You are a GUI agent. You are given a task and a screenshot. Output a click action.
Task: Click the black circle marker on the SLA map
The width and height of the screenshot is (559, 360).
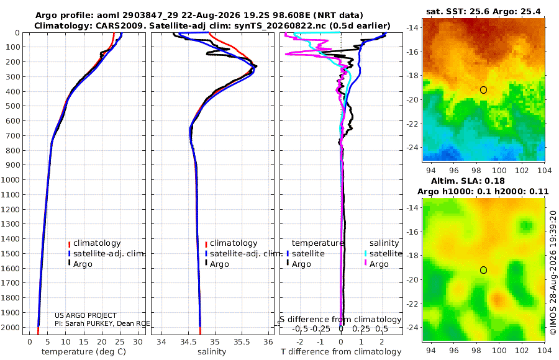483,270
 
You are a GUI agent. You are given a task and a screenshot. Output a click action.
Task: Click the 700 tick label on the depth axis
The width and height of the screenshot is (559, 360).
13,136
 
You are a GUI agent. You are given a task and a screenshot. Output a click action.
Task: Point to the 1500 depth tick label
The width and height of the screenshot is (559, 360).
11,254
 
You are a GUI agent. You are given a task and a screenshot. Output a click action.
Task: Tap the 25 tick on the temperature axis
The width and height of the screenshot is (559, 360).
120,342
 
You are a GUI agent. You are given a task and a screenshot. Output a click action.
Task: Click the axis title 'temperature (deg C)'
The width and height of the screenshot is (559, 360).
84,352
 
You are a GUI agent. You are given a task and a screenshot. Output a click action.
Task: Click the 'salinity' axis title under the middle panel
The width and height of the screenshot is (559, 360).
212,352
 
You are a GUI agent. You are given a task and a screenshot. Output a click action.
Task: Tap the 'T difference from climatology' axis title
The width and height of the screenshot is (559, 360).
341,352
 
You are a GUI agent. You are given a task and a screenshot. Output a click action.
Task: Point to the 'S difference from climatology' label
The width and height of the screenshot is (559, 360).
340,319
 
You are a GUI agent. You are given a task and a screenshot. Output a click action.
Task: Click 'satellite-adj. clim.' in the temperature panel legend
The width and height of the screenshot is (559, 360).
109,254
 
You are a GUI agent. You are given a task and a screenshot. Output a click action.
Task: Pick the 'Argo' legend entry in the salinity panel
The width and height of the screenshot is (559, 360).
219,264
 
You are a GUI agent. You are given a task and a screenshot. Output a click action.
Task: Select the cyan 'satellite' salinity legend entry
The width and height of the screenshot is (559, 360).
385,254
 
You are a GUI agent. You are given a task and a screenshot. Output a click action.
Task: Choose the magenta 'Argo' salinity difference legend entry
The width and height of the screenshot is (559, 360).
379,264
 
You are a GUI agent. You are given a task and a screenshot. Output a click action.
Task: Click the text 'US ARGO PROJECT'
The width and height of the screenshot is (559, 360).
86,315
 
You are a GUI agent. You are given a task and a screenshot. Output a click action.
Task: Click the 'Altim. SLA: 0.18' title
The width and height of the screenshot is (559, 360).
468,181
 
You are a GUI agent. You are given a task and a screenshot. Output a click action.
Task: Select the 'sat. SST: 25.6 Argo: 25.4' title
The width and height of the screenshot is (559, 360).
483,12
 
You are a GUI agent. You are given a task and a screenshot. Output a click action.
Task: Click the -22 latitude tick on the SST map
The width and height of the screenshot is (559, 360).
413,124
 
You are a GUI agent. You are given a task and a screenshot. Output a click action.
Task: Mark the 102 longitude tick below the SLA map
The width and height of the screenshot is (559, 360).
522,350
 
